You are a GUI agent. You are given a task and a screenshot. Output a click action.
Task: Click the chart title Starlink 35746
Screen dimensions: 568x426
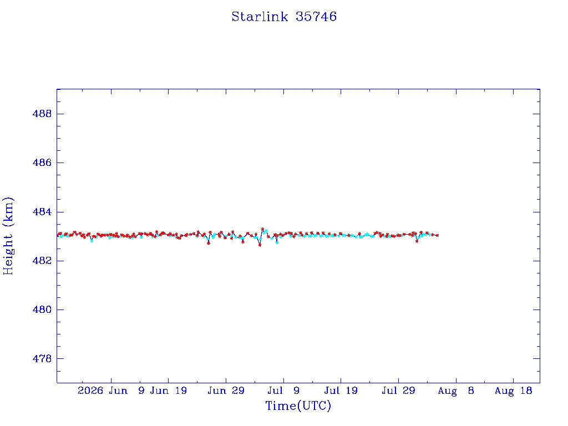(x=284, y=17)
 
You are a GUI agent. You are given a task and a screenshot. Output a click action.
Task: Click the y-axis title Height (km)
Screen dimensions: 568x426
(x=8, y=236)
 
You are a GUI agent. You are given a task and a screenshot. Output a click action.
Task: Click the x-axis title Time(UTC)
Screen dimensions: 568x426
(x=298, y=405)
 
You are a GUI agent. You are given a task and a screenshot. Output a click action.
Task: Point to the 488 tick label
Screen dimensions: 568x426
(x=42, y=114)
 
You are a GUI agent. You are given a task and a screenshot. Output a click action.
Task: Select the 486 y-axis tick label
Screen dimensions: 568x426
(x=42, y=163)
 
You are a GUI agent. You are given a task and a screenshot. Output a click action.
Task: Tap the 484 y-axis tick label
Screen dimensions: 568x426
(x=42, y=212)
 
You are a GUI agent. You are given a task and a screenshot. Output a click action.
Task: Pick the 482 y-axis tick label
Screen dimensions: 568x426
(x=42, y=261)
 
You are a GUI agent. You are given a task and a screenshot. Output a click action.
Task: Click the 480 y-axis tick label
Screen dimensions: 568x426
(x=42, y=310)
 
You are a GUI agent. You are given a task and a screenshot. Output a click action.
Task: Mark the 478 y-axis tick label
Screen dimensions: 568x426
(x=42, y=359)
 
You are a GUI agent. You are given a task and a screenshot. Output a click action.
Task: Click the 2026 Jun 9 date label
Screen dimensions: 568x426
(x=111, y=390)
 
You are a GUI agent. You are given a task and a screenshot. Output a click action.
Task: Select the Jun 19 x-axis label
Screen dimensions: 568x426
(x=169, y=390)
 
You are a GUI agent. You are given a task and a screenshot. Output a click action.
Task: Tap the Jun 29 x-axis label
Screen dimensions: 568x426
(x=226, y=390)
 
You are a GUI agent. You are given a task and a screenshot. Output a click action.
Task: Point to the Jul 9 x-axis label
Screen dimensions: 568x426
(x=283, y=390)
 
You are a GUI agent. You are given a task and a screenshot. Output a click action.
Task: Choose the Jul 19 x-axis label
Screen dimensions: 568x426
(x=341, y=390)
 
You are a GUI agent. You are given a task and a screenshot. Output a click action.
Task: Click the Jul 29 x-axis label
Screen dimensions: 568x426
(x=398, y=390)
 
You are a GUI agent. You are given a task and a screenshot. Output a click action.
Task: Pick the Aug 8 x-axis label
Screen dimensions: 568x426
(x=456, y=390)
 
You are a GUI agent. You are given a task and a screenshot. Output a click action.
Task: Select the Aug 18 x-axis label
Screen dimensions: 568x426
(x=513, y=390)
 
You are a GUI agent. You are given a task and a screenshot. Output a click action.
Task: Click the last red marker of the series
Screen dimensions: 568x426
(x=438, y=235)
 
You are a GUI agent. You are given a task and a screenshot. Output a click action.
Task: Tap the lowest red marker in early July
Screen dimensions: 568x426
(x=260, y=245)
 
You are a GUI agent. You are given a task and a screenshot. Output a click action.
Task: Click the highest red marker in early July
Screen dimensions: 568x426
(x=262, y=229)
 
